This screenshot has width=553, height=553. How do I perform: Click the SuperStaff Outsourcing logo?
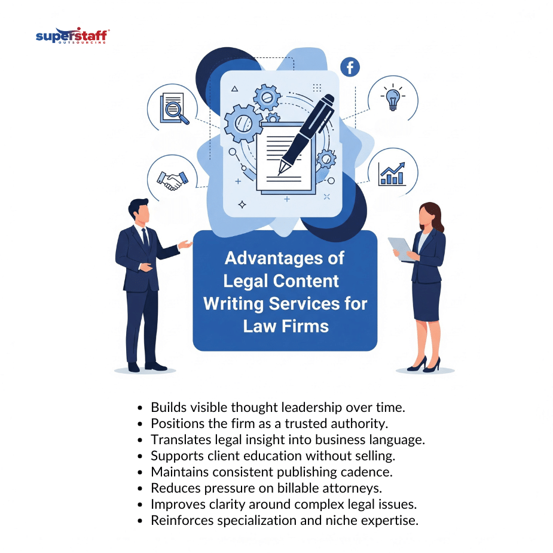click(72, 35)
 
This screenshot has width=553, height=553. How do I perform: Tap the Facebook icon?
click(350, 67)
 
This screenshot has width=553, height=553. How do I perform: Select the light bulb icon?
click(393, 97)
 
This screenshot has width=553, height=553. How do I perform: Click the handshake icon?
click(172, 180)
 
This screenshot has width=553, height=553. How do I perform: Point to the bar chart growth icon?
click(392, 174)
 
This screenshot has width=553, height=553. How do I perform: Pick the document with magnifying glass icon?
click(174, 108)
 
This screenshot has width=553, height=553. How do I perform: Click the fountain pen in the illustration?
click(306, 134)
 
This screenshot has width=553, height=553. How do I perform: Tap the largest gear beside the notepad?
click(243, 123)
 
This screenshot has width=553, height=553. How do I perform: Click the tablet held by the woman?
click(401, 249)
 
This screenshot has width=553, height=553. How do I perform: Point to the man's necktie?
click(145, 238)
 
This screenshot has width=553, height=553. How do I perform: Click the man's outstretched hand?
click(185, 244)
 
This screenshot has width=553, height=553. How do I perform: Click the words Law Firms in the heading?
click(286, 326)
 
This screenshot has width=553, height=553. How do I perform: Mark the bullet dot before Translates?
click(140, 440)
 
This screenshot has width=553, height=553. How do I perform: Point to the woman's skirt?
click(426, 301)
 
